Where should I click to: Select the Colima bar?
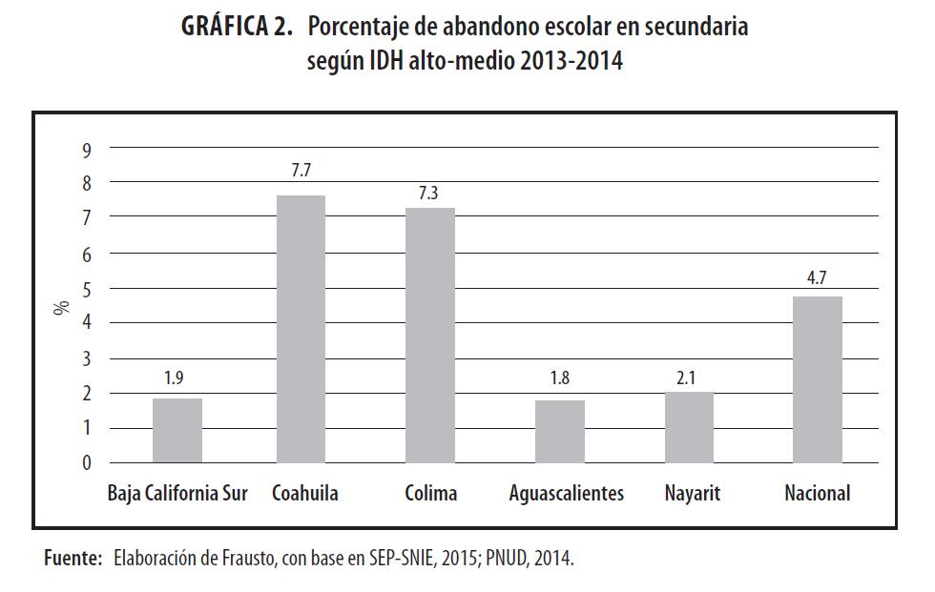430,336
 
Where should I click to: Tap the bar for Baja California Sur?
177,431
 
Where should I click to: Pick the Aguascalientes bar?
560,432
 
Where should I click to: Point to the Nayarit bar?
689,427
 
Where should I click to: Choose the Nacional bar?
818,379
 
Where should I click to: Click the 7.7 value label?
301,171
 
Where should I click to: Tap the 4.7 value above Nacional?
818,279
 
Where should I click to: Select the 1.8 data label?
560,381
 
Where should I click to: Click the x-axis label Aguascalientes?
566,494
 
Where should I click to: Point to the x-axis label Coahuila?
304,494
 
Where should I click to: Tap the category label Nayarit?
692,494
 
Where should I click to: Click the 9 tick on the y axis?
86,149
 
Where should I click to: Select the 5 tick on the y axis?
86,289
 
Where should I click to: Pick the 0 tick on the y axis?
86,464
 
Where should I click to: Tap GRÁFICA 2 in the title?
236,27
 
